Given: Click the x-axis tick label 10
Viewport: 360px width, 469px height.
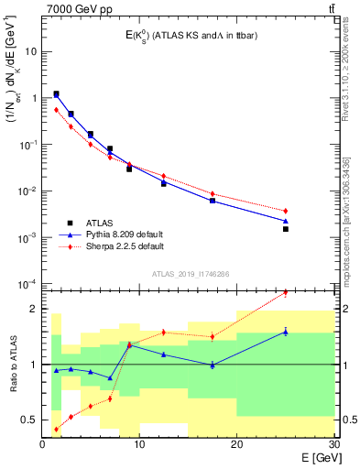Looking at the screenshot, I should pyautogui.click(x=139, y=444).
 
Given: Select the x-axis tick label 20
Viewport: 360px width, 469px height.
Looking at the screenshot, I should pyautogui.click(x=236, y=444).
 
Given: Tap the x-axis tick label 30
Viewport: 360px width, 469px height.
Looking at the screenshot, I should pyautogui.click(x=333, y=444).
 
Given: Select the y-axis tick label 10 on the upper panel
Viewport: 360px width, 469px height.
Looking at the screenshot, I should pyautogui.click(x=30, y=51).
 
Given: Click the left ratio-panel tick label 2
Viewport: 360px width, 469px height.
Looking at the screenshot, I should pyautogui.click(x=33, y=309).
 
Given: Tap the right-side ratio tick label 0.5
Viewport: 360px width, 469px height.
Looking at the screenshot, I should pyautogui.click(x=346, y=420).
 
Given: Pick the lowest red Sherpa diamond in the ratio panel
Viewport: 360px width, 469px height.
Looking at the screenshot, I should pyautogui.click(x=57, y=429).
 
